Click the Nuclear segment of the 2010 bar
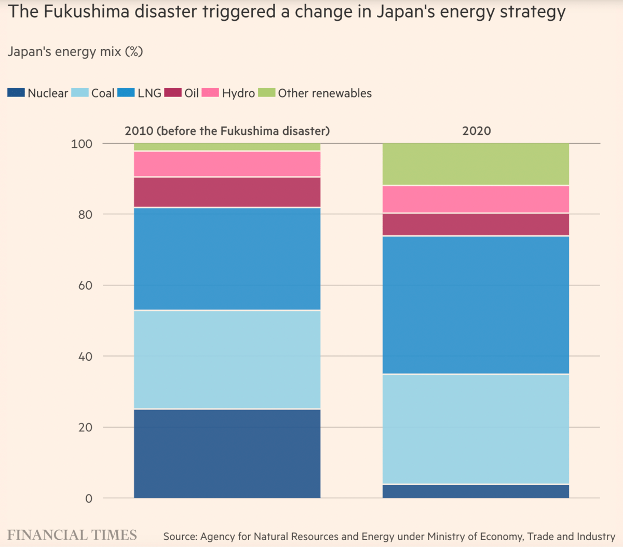227,453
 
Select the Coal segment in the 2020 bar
476,429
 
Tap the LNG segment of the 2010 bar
227,258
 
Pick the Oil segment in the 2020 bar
476,224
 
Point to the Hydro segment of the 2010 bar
227,164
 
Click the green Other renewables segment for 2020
476,164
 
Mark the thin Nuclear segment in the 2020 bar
476,491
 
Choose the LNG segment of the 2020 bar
476,305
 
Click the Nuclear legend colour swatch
16,93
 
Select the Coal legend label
103,93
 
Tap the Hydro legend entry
238,93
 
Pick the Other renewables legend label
324,93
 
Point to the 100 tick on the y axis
82,144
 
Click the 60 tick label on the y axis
85,285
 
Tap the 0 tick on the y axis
89,499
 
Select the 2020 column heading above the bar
476,131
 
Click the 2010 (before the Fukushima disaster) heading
227,131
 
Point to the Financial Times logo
72,535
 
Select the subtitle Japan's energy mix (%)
75,51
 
